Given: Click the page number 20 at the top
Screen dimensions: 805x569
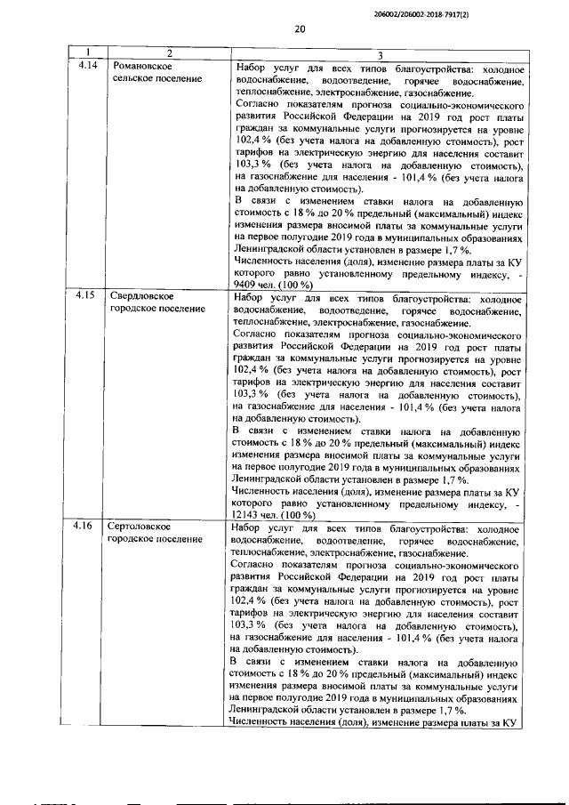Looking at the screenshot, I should [300, 29].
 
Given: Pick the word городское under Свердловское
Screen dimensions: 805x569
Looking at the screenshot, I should [131, 309].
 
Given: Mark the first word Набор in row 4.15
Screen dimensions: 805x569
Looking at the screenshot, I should [251, 296].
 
